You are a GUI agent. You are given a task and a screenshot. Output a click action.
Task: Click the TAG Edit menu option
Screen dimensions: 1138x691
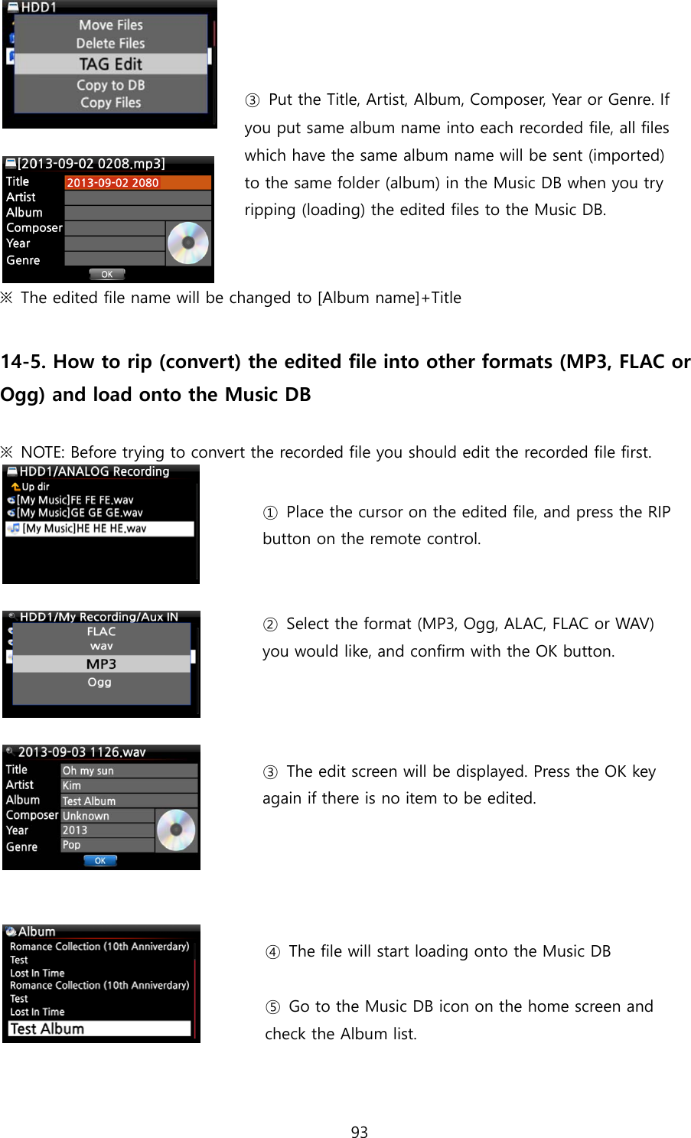(x=110, y=64)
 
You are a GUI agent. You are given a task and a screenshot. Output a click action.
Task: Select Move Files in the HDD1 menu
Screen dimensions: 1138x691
(x=110, y=25)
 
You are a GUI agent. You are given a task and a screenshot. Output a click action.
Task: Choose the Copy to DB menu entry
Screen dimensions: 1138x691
(x=110, y=85)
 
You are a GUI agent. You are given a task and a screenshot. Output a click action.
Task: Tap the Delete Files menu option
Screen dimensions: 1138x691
(x=110, y=44)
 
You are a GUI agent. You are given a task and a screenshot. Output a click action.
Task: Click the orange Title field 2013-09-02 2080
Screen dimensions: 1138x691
(x=137, y=182)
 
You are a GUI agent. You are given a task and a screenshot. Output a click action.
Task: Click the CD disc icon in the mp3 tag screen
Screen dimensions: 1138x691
(x=187, y=243)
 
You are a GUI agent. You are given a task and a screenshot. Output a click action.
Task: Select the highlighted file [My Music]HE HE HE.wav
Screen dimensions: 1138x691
(x=99, y=529)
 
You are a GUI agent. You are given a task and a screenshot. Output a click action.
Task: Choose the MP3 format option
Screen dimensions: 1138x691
(x=101, y=664)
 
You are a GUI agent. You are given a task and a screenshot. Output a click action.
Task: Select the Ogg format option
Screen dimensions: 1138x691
(x=99, y=682)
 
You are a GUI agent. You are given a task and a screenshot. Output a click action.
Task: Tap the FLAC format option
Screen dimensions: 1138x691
(x=101, y=631)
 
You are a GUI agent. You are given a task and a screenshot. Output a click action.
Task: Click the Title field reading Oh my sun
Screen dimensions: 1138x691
(x=128, y=771)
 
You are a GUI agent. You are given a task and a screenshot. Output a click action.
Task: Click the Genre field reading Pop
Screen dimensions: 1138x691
(x=107, y=845)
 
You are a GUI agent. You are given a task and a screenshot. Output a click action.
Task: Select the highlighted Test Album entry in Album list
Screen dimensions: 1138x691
(x=99, y=1029)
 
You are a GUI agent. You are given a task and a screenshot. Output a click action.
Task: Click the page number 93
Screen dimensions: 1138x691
(x=359, y=1132)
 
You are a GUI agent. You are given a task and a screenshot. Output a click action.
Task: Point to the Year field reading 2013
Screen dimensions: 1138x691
(x=107, y=830)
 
